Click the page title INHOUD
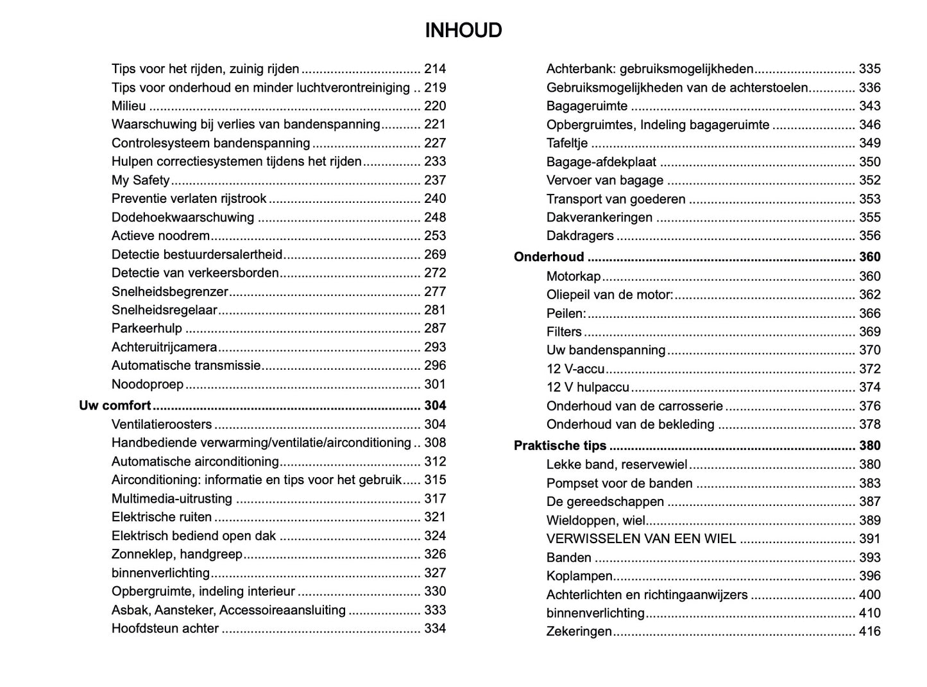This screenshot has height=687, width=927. [x=463, y=30]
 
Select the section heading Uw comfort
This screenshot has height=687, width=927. [x=115, y=406]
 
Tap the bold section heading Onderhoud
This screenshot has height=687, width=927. [x=549, y=257]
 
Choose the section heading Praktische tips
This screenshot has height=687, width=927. [x=560, y=446]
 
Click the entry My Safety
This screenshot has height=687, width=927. [x=140, y=180]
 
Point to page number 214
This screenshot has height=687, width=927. [x=435, y=69]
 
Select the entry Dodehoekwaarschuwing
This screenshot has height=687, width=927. [x=183, y=218]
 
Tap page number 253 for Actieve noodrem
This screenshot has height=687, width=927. [x=435, y=236]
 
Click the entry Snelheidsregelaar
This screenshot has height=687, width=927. [x=164, y=310]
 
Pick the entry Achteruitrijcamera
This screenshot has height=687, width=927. [x=164, y=347]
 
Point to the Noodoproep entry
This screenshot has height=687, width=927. [x=148, y=385]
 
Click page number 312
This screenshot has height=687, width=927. [x=435, y=462]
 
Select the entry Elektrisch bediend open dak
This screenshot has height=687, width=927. [x=194, y=536]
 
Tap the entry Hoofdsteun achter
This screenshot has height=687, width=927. [x=165, y=629]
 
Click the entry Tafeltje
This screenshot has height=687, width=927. [x=567, y=143]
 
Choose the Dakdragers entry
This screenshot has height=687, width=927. [x=580, y=236]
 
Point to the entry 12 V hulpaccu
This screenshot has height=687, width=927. [x=588, y=387]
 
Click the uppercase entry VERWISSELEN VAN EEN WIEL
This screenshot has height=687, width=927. [x=642, y=539]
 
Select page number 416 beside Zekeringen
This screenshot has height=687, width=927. [x=870, y=632]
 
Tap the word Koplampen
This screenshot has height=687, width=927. [x=579, y=576]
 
